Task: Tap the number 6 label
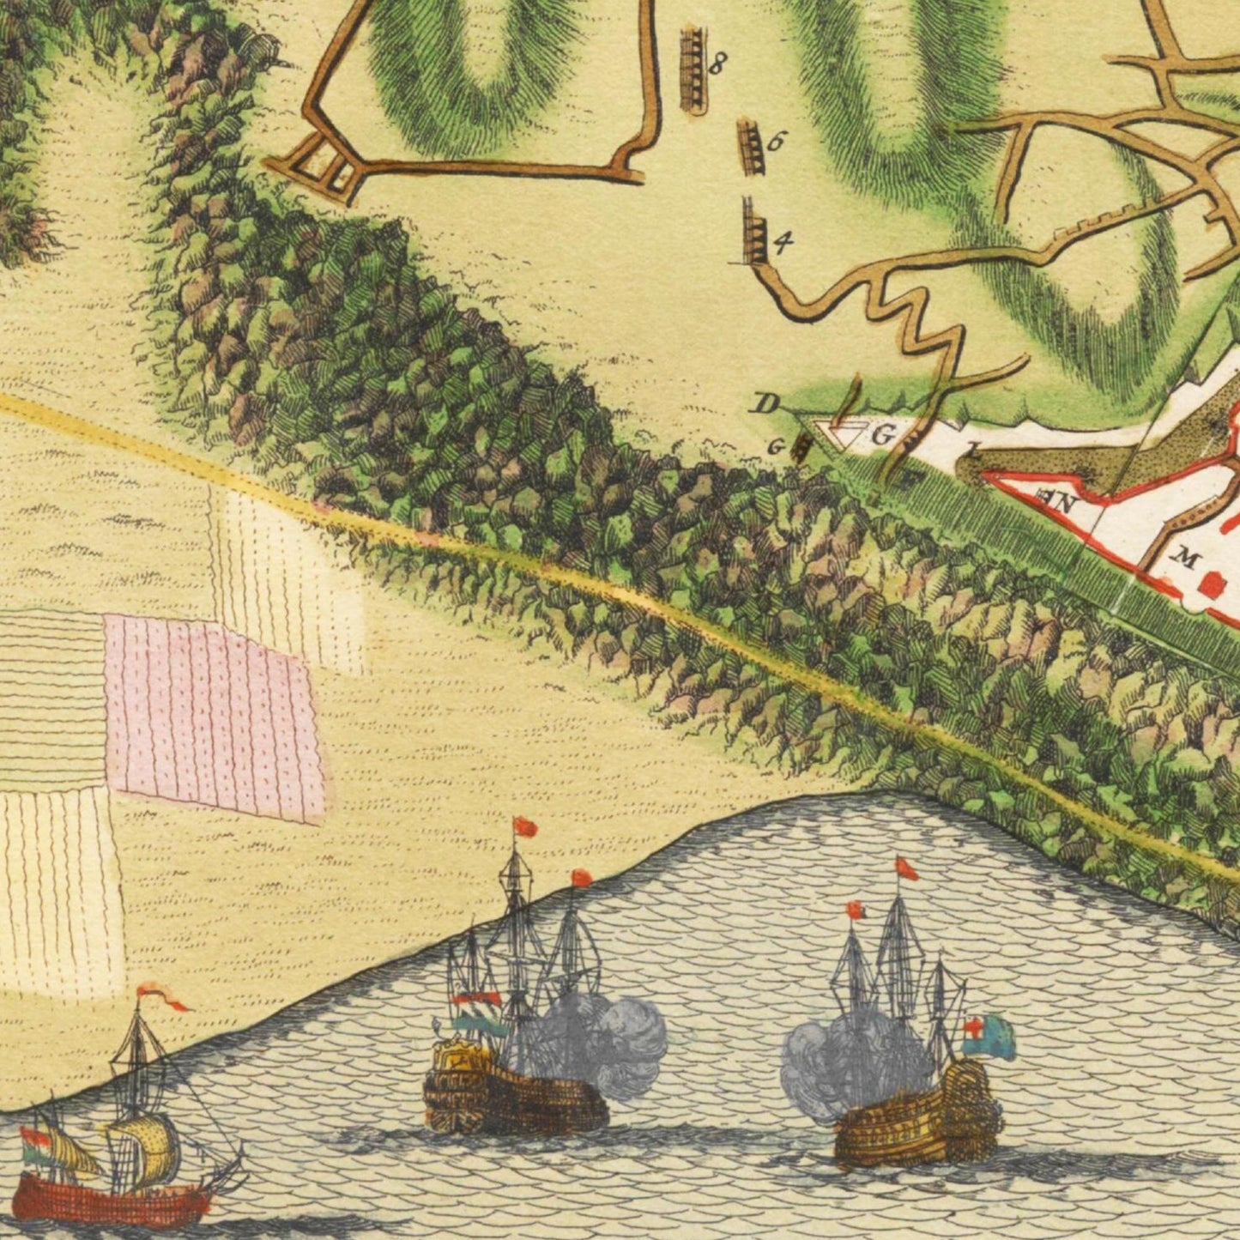(x=774, y=142)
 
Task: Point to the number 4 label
(x=782, y=243)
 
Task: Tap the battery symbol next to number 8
(x=693, y=69)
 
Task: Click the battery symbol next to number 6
(x=751, y=147)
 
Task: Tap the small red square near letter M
(x=1213, y=585)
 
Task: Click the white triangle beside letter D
(x=845, y=434)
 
